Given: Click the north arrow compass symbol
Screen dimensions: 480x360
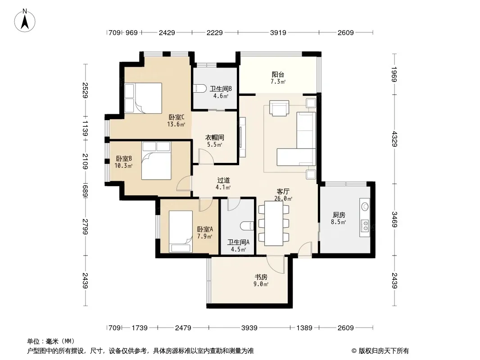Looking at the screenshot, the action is [x=25, y=21].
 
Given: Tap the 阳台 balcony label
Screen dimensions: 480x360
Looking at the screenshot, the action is [x=278, y=74].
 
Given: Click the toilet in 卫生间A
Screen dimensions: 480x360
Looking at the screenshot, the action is [x=247, y=226].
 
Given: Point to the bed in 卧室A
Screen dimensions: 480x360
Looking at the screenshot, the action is [x=181, y=232].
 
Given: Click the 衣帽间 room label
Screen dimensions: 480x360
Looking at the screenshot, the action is [x=214, y=138].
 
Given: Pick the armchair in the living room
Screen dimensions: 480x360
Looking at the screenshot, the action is [x=279, y=108].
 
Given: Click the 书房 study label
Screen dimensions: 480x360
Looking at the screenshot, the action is [x=261, y=277].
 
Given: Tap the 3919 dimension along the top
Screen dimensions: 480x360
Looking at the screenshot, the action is [x=278, y=32].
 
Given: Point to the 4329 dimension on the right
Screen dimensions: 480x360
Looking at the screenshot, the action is [x=394, y=139].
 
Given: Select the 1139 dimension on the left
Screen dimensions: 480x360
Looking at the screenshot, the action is [x=85, y=129].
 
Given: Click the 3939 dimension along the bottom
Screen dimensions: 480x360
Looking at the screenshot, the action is [x=249, y=328].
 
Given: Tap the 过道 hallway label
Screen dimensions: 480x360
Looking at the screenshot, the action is [x=223, y=180].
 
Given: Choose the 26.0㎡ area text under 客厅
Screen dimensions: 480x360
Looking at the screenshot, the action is [x=283, y=198].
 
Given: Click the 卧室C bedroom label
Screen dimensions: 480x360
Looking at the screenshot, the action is [x=177, y=117].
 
